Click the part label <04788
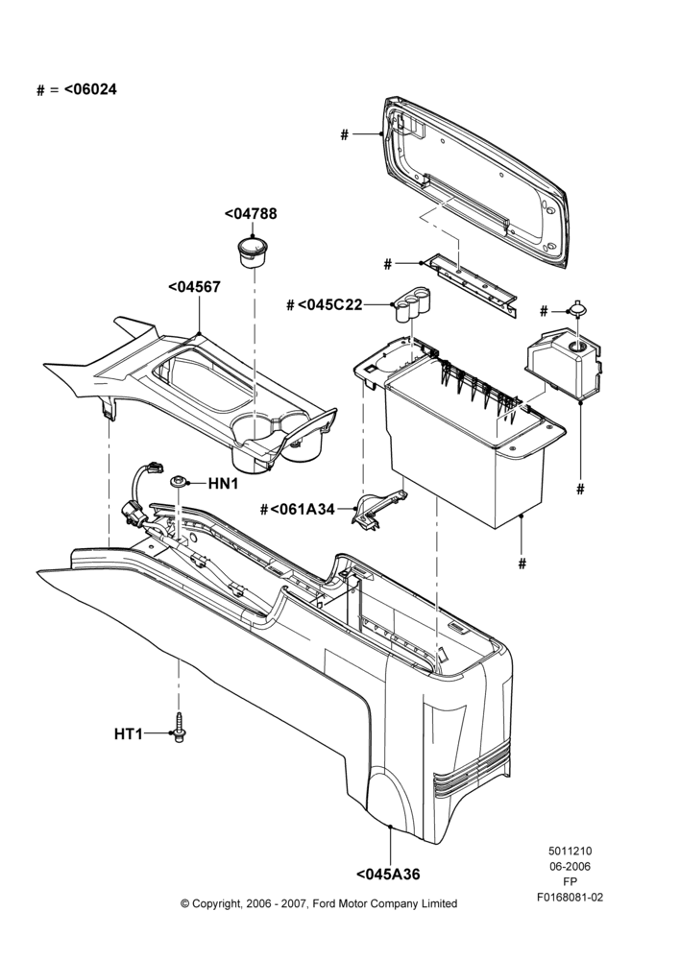tap(251, 214)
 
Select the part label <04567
tap(194, 286)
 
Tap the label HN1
tap(223, 484)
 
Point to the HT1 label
tap(128, 733)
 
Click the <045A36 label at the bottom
tap(388, 875)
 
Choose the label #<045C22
tap(325, 304)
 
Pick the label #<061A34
tap(298, 510)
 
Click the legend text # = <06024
tap(77, 89)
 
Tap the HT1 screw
tap(180, 729)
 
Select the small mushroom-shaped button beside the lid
tap(575, 307)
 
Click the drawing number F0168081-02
tap(570, 898)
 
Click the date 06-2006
tap(570, 866)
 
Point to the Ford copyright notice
tap(319, 903)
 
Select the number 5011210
tap(570, 851)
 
